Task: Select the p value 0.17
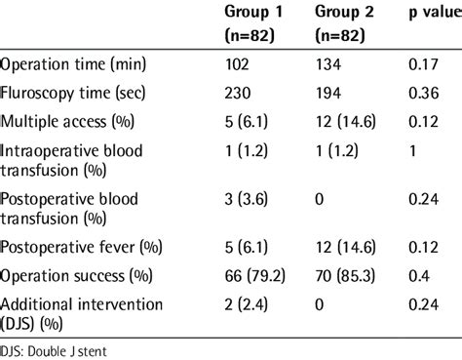pos(421,68)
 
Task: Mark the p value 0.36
pos(421,96)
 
